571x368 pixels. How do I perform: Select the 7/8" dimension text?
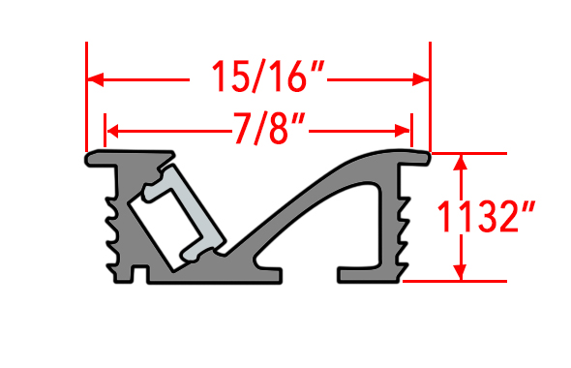(x=269, y=128)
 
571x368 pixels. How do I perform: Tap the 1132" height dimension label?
(x=486, y=216)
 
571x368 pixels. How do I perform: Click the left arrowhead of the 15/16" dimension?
(x=96, y=79)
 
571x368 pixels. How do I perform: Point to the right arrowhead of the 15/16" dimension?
(x=421, y=79)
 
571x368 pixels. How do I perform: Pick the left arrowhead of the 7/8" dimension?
(x=112, y=131)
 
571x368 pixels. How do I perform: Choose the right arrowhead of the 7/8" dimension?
(x=403, y=131)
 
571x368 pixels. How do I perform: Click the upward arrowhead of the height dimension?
(x=461, y=163)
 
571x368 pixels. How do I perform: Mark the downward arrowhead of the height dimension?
(x=461, y=272)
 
